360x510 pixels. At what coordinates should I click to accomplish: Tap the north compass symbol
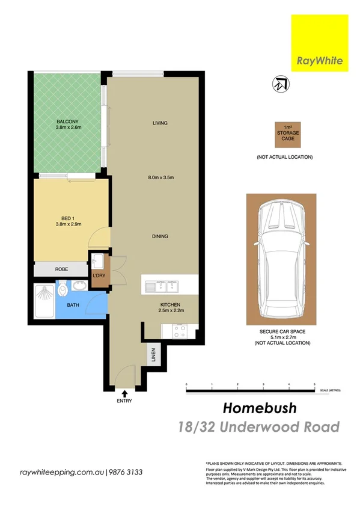pyautogui.click(x=280, y=84)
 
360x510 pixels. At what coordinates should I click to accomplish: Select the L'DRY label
pyautogui.click(x=99, y=276)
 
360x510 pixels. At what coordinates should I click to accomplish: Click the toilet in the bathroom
pyautogui.click(x=65, y=292)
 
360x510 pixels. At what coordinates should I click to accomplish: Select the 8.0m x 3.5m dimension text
pyautogui.click(x=160, y=177)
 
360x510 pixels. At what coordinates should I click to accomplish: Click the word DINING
pyautogui.click(x=160, y=236)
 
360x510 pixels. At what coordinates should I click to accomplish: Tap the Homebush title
pyautogui.click(x=260, y=408)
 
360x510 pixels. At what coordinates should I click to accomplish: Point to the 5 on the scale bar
pyautogui.click(x=314, y=384)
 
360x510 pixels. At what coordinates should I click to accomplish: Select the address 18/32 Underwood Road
pyautogui.click(x=259, y=428)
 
